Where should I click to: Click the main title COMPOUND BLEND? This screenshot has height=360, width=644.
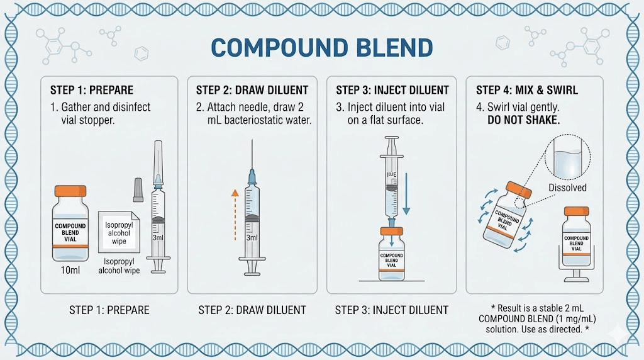[x=321, y=48]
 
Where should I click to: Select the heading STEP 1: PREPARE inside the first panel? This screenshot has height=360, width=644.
[x=92, y=90]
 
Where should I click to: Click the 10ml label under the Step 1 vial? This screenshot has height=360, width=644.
[x=70, y=271]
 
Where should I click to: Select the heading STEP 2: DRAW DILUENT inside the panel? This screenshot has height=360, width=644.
[x=252, y=90]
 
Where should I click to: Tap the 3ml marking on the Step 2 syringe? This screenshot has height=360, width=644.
[x=252, y=239]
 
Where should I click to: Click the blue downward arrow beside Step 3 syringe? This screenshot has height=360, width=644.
[x=406, y=189]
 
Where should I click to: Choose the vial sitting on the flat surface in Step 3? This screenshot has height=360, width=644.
[x=391, y=255]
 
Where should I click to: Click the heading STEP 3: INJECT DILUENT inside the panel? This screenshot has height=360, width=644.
[x=392, y=90]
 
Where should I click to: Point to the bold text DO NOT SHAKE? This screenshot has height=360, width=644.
[x=523, y=120]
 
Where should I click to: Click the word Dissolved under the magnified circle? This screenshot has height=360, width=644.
[x=567, y=188]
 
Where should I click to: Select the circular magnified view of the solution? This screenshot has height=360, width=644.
[x=567, y=156]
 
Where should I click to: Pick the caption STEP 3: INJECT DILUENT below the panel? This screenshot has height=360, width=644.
[x=391, y=310]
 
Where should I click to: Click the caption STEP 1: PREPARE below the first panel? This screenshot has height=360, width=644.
[x=109, y=310]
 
